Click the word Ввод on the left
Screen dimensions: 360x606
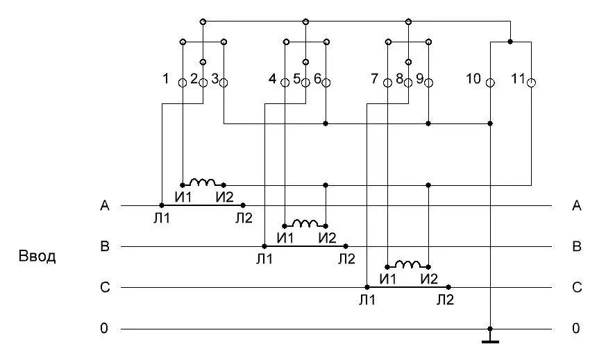37,257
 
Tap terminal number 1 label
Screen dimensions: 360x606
166,78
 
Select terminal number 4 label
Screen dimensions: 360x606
272,78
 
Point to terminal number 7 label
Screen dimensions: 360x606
375,78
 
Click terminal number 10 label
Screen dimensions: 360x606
473,78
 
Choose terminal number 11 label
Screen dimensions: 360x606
517,78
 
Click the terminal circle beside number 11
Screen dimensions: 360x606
532,83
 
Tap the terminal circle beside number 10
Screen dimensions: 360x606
490,83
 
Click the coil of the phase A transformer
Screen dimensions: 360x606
203,182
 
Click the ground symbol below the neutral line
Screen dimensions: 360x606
490,340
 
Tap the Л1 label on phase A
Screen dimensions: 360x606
162,218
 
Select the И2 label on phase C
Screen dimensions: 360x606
430,279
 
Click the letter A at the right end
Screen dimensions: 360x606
575,205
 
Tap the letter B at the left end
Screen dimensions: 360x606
105,246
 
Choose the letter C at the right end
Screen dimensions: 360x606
575,287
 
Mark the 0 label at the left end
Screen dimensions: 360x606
104,328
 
